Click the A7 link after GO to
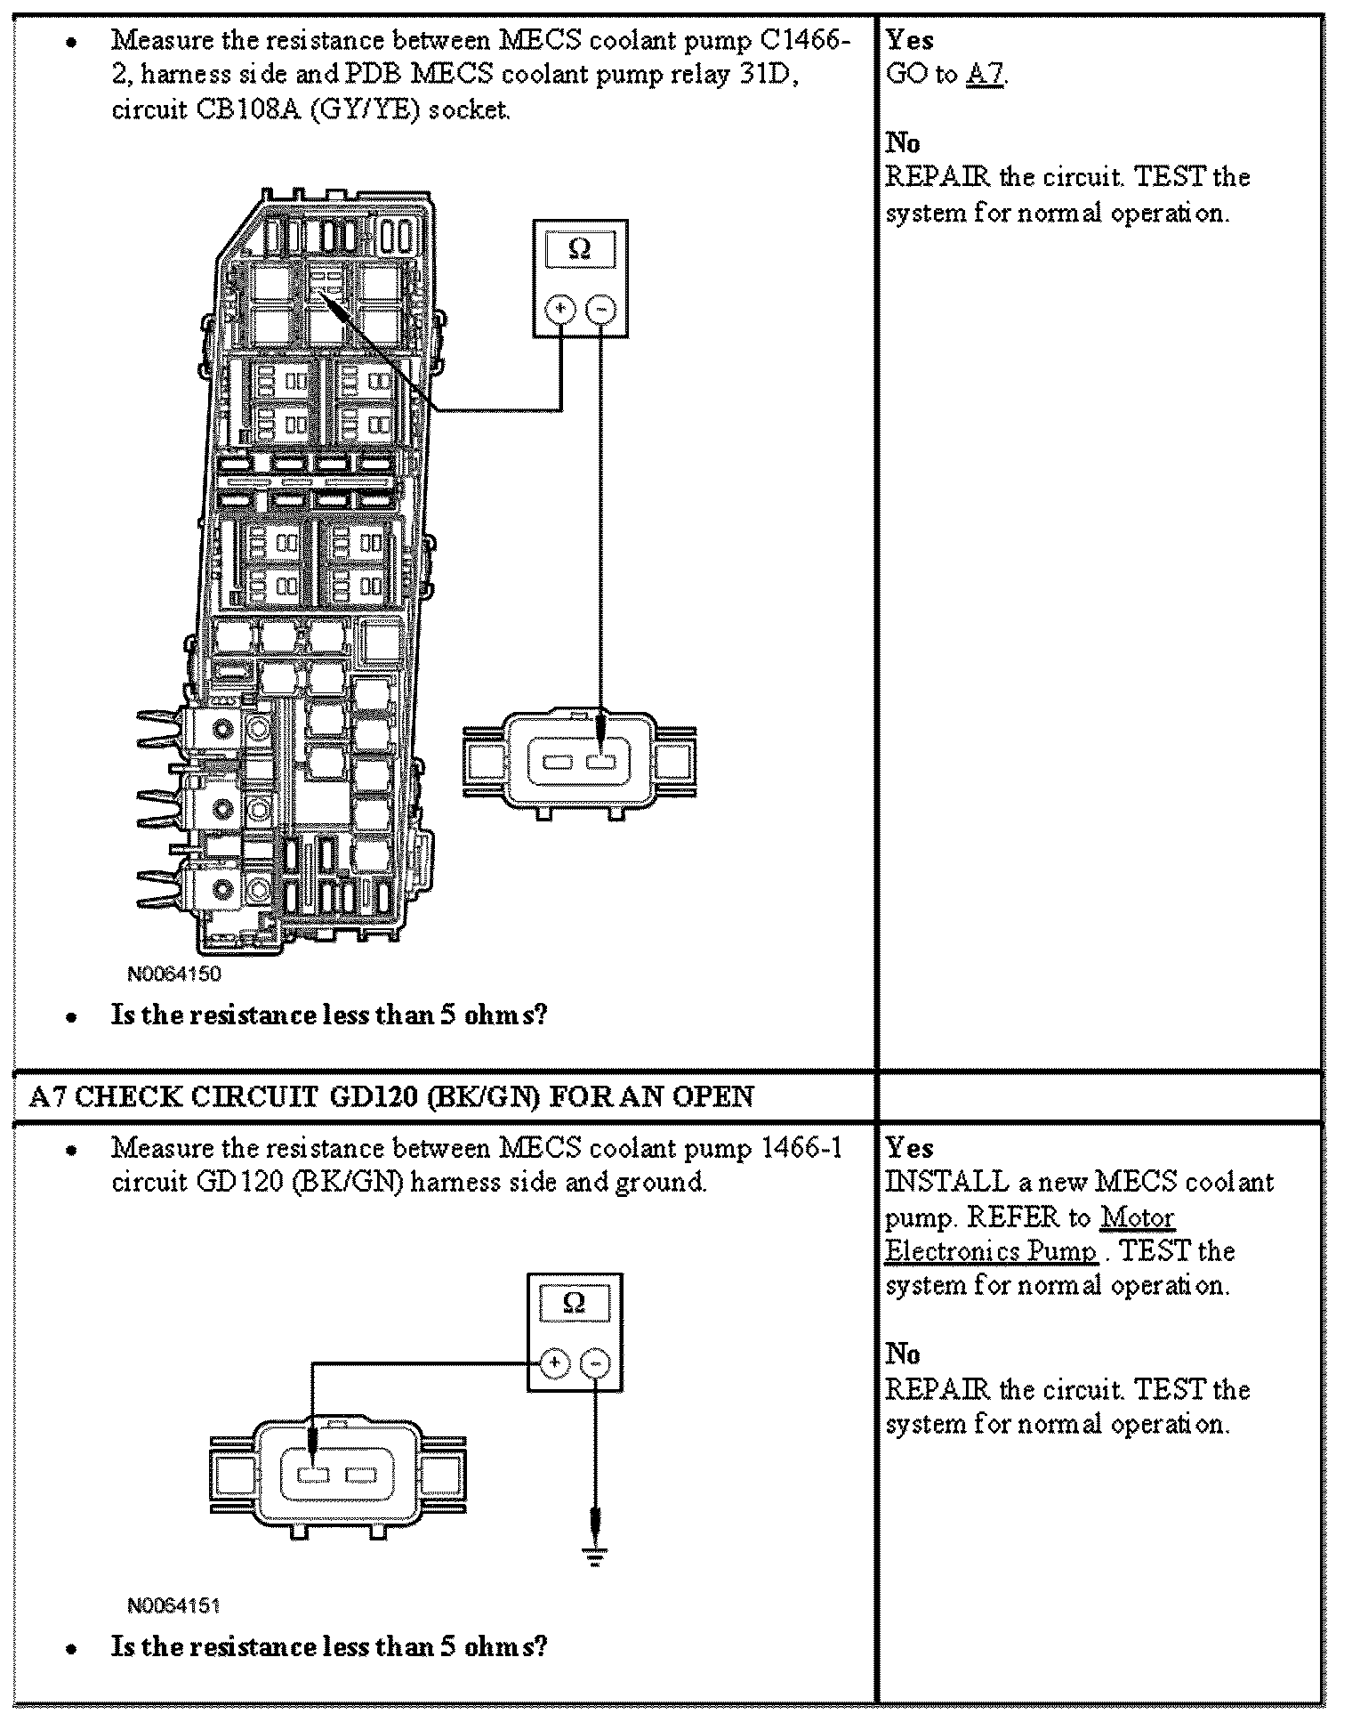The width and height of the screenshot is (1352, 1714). pos(986,74)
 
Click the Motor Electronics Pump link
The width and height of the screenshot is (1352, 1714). pos(1137,1217)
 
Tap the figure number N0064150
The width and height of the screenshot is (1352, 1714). pos(174,974)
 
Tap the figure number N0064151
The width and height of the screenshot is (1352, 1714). pos(173,1605)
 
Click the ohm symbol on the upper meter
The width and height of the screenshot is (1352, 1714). pos(579,249)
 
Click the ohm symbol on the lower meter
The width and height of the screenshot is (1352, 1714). pos(575,1303)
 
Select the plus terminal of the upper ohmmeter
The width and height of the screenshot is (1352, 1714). pos(560,309)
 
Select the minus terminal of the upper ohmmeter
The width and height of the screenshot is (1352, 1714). pos(601,309)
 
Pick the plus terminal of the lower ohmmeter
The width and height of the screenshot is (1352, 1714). pos(554,1362)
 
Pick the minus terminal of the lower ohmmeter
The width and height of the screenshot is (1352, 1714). pos(596,1362)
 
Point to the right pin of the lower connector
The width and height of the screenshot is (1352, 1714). pos(360,1475)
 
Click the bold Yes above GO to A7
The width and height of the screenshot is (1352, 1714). pos(909,40)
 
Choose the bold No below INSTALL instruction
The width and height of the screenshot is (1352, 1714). pos(903,1354)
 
